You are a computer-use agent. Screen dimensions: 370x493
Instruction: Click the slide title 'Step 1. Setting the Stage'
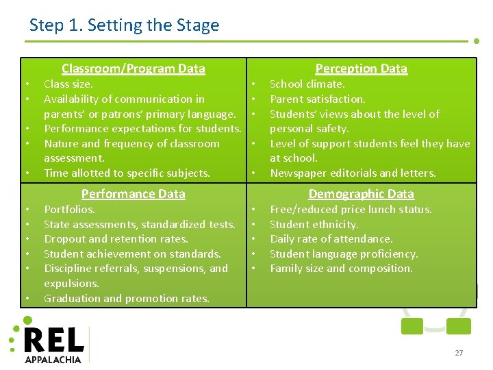(x=124, y=26)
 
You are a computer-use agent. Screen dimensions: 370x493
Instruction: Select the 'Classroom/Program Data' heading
(x=133, y=68)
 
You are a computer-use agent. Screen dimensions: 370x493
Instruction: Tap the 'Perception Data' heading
(x=361, y=68)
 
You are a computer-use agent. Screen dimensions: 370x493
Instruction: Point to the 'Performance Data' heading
(x=133, y=194)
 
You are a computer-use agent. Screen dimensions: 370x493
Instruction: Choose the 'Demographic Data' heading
(x=361, y=194)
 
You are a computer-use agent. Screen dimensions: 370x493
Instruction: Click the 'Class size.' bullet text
(x=68, y=84)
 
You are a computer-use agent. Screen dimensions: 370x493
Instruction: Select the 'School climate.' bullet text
(x=307, y=84)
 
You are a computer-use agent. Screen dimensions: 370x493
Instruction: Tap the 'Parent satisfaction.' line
(x=318, y=99)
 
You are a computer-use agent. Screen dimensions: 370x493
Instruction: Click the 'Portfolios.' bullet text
(x=69, y=210)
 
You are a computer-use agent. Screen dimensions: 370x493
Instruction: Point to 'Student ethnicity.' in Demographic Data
(x=314, y=224)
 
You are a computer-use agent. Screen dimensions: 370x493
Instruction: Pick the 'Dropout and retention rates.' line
(x=116, y=239)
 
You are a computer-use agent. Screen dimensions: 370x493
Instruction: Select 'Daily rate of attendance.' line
(x=331, y=239)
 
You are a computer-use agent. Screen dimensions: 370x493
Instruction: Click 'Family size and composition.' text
(x=341, y=269)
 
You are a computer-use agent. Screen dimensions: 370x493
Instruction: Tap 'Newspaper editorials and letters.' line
(x=353, y=173)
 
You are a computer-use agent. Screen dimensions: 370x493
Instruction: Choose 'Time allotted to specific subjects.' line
(x=127, y=173)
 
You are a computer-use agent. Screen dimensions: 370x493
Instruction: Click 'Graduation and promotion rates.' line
(x=127, y=299)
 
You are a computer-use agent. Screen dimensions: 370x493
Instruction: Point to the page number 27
(x=459, y=353)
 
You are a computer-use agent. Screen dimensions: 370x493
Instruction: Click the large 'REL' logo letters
(x=54, y=341)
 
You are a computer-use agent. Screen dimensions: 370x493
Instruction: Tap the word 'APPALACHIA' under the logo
(x=53, y=359)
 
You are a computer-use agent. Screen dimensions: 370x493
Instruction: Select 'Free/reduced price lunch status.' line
(x=351, y=210)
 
